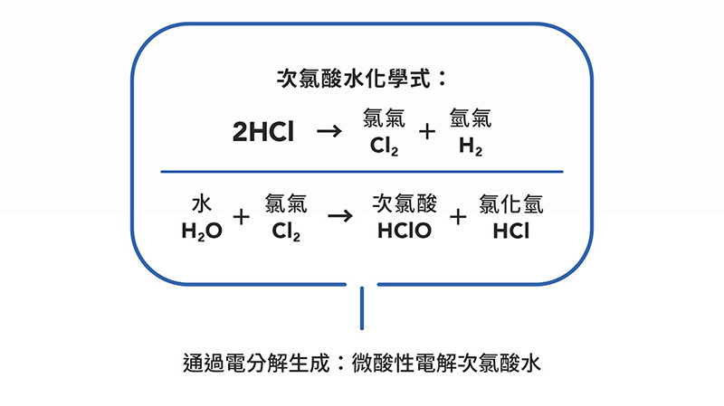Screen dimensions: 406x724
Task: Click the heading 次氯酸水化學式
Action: (x=361, y=79)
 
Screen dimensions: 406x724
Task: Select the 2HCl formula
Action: (x=262, y=133)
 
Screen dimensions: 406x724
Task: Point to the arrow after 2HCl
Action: (x=329, y=132)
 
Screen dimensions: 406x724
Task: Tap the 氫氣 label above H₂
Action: (x=471, y=119)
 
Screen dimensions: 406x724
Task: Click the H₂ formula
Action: (x=471, y=146)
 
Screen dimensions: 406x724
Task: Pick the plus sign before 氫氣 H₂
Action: (x=426, y=132)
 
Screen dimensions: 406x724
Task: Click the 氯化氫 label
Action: (x=511, y=203)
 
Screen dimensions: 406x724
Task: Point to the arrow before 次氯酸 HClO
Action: (x=338, y=217)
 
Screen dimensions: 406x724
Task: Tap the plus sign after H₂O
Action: (x=241, y=217)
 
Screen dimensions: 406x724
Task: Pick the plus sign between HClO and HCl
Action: (x=458, y=217)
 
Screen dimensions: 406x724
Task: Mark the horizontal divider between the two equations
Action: (x=361, y=172)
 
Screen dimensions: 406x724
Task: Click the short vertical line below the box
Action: (x=362, y=307)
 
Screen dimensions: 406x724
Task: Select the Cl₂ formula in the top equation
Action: (x=384, y=146)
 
